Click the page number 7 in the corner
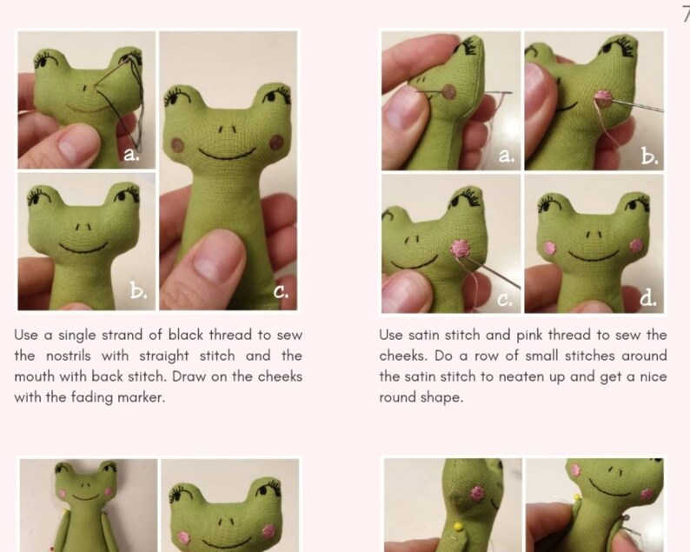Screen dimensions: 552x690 685,11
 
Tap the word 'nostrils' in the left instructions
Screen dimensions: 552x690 62,356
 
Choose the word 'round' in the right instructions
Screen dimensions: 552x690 399,397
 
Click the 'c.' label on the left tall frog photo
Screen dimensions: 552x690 282,293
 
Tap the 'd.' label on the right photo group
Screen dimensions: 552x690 647,298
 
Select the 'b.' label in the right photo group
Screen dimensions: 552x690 648,156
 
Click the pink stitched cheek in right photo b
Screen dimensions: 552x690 601,98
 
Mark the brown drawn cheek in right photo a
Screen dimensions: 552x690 450,90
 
